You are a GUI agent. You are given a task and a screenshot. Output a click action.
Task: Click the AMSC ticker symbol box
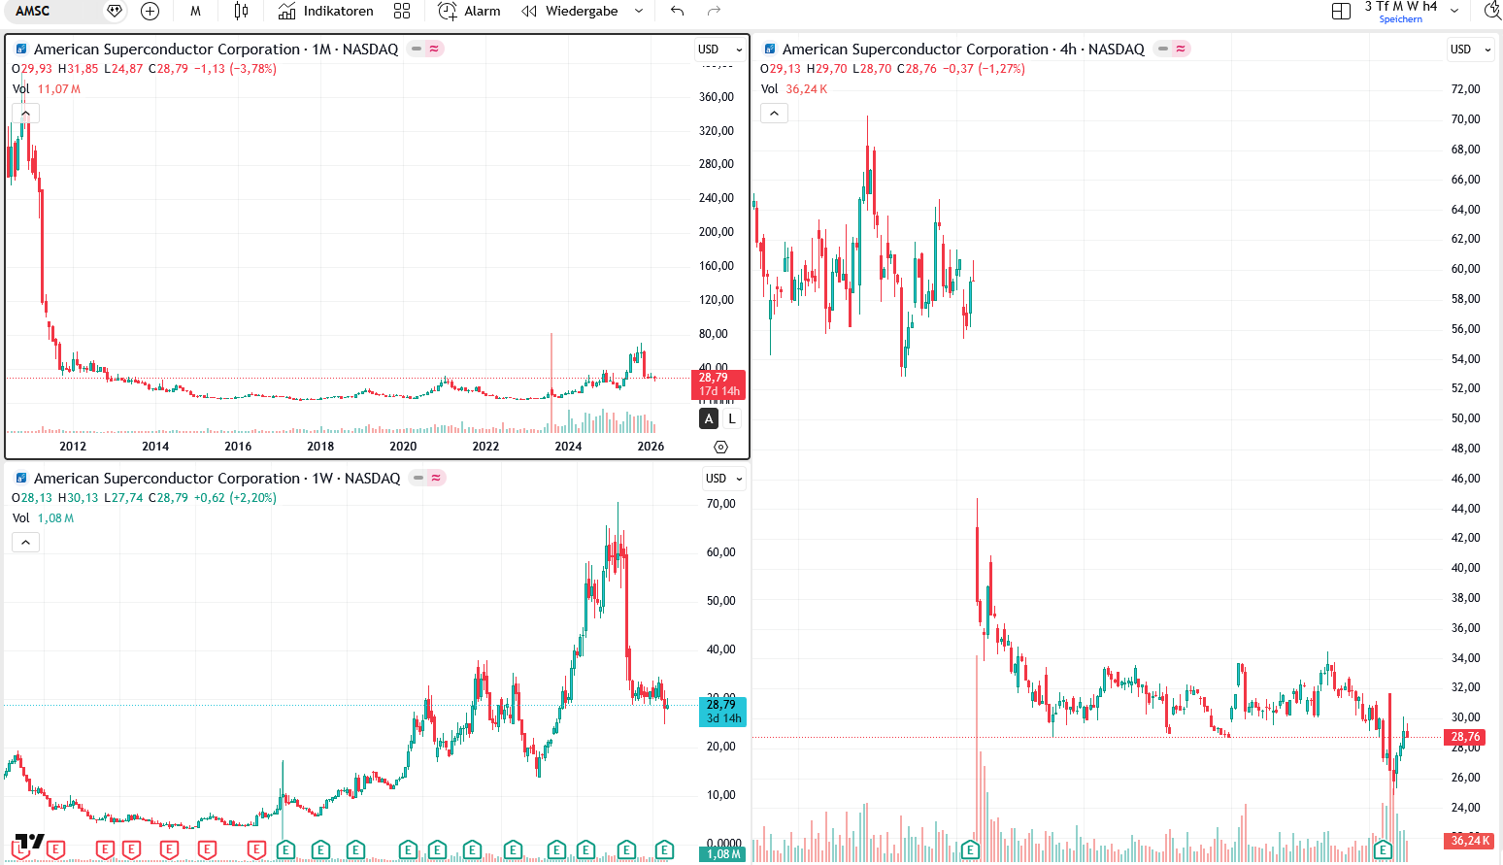click(x=33, y=11)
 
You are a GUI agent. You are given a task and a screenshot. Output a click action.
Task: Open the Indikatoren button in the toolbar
click(x=326, y=11)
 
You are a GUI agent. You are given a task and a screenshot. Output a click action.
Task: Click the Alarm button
click(x=470, y=11)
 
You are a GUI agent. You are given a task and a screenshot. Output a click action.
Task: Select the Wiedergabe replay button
click(x=570, y=11)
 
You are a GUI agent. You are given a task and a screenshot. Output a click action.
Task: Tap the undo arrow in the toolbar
click(x=677, y=11)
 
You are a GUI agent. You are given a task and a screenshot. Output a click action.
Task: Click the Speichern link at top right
click(x=1400, y=19)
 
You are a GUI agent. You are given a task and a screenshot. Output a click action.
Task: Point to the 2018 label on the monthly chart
click(x=320, y=447)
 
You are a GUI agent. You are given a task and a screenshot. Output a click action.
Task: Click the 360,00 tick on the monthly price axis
click(x=717, y=97)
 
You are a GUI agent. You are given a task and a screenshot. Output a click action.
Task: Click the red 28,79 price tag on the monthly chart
click(x=718, y=378)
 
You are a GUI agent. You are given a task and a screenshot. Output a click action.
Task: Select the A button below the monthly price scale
click(x=709, y=418)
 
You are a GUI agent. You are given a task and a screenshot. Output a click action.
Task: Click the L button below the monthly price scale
click(x=732, y=418)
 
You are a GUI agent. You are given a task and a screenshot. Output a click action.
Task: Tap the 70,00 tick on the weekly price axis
click(x=721, y=504)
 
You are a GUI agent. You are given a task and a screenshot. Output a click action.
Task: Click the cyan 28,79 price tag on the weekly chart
click(x=722, y=705)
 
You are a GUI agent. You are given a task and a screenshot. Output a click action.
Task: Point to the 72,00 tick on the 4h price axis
click(x=1465, y=89)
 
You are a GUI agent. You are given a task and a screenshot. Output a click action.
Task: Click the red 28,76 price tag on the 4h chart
click(x=1466, y=737)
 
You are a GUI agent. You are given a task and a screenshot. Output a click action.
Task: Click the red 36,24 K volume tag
click(x=1468, y=841)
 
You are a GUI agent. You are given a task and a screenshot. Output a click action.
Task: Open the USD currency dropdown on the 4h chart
click(x=1469, y=50)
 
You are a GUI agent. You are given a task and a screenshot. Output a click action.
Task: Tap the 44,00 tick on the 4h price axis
click(x=1465, y=509)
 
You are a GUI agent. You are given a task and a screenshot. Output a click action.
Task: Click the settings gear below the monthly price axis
click(x=720, y=447)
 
